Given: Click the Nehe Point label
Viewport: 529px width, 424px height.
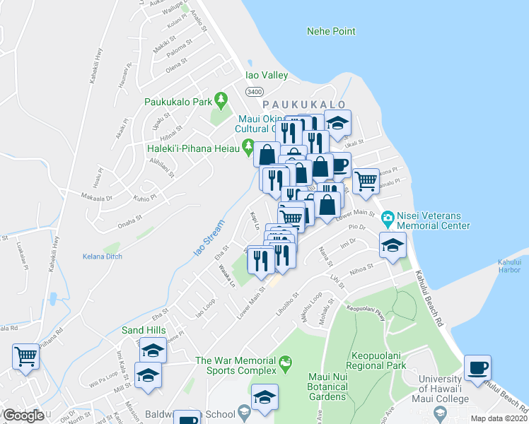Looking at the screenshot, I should (x=330, y=31).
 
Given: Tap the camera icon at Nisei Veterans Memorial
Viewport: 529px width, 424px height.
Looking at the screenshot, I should (x=388, y=216).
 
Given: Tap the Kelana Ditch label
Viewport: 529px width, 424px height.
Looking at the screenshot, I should (x=103, y=256).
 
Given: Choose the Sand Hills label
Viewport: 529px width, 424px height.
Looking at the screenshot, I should (x=144, y=330).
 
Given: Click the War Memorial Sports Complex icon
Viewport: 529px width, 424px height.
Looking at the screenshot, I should (x=286, y=363).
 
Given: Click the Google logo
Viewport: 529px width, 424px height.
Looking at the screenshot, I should (x=23, y=416).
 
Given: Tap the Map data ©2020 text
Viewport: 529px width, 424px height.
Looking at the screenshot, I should (x=498, y=418).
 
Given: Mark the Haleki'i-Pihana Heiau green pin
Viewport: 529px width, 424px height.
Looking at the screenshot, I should (x=248, y=148).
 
